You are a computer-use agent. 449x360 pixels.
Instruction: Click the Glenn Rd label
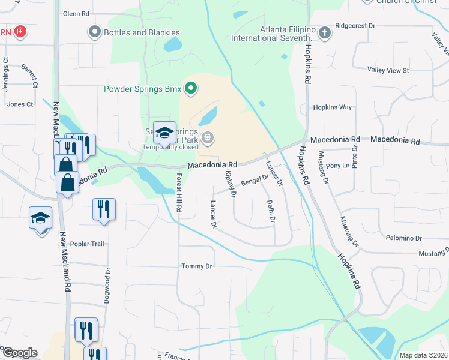[x=76, y=13]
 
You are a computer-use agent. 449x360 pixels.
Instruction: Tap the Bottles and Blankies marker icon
[x=94, y=31]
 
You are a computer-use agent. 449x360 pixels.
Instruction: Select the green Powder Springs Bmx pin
[x=191, y=89]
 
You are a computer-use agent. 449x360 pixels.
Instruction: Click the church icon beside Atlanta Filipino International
[x=325, y=33]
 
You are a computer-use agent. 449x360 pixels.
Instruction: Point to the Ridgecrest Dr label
[x=355, y=26]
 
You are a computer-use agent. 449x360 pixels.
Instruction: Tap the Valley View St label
[x=388, y=70]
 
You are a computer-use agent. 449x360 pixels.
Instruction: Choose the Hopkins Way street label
[x=332, y=107]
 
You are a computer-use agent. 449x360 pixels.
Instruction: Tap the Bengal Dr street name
[x=255, y=179]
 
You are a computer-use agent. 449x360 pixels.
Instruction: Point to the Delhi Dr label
[x=271, y=211]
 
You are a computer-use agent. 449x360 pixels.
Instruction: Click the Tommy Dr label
[x=197, y=266]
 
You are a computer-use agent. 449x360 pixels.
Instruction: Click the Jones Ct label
[x=20, y=104]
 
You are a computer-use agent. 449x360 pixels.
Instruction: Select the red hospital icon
[x=20, y=31]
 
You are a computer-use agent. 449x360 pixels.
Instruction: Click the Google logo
[x=19, y=353]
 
